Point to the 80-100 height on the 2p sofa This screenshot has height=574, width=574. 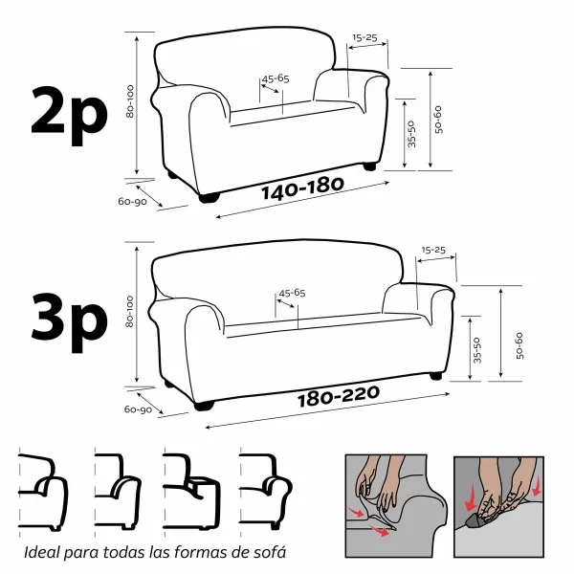tap(130, 101)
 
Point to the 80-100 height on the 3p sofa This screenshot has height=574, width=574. tap(130, 312)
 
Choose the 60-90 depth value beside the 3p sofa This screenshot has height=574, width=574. tap(137, 409)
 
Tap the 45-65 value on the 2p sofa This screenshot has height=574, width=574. tap(276, 78)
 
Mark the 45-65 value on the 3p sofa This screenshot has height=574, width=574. tap(291, 293)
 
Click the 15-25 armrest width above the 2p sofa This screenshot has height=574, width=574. tap(364, 38)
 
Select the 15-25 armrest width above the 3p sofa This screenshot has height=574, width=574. tap(433, 250)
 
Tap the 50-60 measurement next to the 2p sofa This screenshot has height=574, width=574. tap(438, 118)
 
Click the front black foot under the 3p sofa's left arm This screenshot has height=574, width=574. tap(204, 406)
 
